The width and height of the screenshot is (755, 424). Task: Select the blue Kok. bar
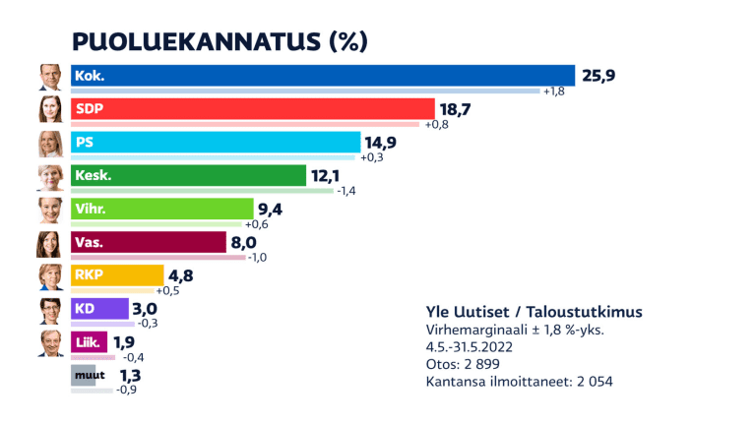pyautogui.click(x=322, y=75)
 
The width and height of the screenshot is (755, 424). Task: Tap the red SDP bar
pyautogui.click(x=252, y=108)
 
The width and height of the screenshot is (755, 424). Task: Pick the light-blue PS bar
pyautogui.click(x=213, y=142)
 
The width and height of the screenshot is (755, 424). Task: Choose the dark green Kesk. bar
pyautogui.click(x=188, y=175)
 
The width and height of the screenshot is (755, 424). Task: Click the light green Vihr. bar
pyautogui.click(x=161, y=209)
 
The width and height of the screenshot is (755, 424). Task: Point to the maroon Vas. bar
pyautogui.click(x=148, y=242)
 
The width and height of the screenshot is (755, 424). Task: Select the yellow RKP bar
pyautogui.click(x=116, y=275)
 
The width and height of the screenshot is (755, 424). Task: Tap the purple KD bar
pyautogui.click(x=99, y=309)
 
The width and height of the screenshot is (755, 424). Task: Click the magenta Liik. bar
pyautogui.click(x=90, y=342)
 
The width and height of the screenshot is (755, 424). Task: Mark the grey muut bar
pyautogui.click(x=84, y=375)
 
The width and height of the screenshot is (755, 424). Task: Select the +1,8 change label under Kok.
pyautogui.click(x=554, y=91)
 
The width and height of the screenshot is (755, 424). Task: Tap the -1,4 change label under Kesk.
pyautogui.click(x=346, y=192)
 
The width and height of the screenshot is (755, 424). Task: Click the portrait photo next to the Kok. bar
pyautogui.click(x=50, y=77)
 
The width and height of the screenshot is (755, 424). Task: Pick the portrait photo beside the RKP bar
pyautogui.click(x=50, y=277)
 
